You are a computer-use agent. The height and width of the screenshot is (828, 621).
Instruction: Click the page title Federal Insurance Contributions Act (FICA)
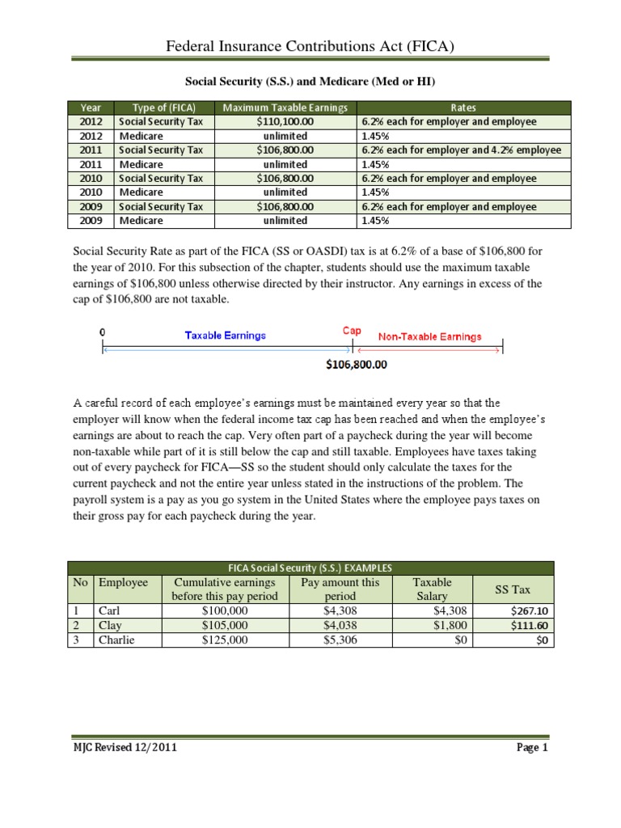[310, 47]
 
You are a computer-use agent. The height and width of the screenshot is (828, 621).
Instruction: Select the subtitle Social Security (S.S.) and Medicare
[310, 81]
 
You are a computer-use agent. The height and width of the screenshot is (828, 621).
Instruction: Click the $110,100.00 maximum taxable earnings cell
[285, 122]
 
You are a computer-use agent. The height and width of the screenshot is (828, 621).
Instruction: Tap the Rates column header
[464, 108]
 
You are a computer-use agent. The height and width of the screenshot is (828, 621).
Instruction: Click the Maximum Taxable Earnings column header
[285, 108]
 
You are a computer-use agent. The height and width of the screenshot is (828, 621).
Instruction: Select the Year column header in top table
[91, 108]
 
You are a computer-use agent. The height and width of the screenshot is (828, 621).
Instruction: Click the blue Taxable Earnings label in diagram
[225, 336]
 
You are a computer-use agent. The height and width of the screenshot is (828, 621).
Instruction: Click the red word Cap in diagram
[351, 332]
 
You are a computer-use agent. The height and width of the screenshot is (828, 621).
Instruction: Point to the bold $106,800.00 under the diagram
[357, 365]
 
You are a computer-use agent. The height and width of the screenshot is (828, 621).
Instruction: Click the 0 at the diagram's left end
[102, 332]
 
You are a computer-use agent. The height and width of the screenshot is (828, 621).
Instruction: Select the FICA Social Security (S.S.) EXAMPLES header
[310, 568]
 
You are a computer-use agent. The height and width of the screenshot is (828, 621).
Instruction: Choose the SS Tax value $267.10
[530, 611]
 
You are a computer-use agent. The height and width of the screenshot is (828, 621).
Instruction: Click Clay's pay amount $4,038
[340, 625]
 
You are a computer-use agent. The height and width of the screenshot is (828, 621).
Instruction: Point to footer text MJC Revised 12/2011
[122, 748]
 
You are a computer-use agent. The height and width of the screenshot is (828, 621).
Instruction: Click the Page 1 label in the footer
[532, 748]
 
